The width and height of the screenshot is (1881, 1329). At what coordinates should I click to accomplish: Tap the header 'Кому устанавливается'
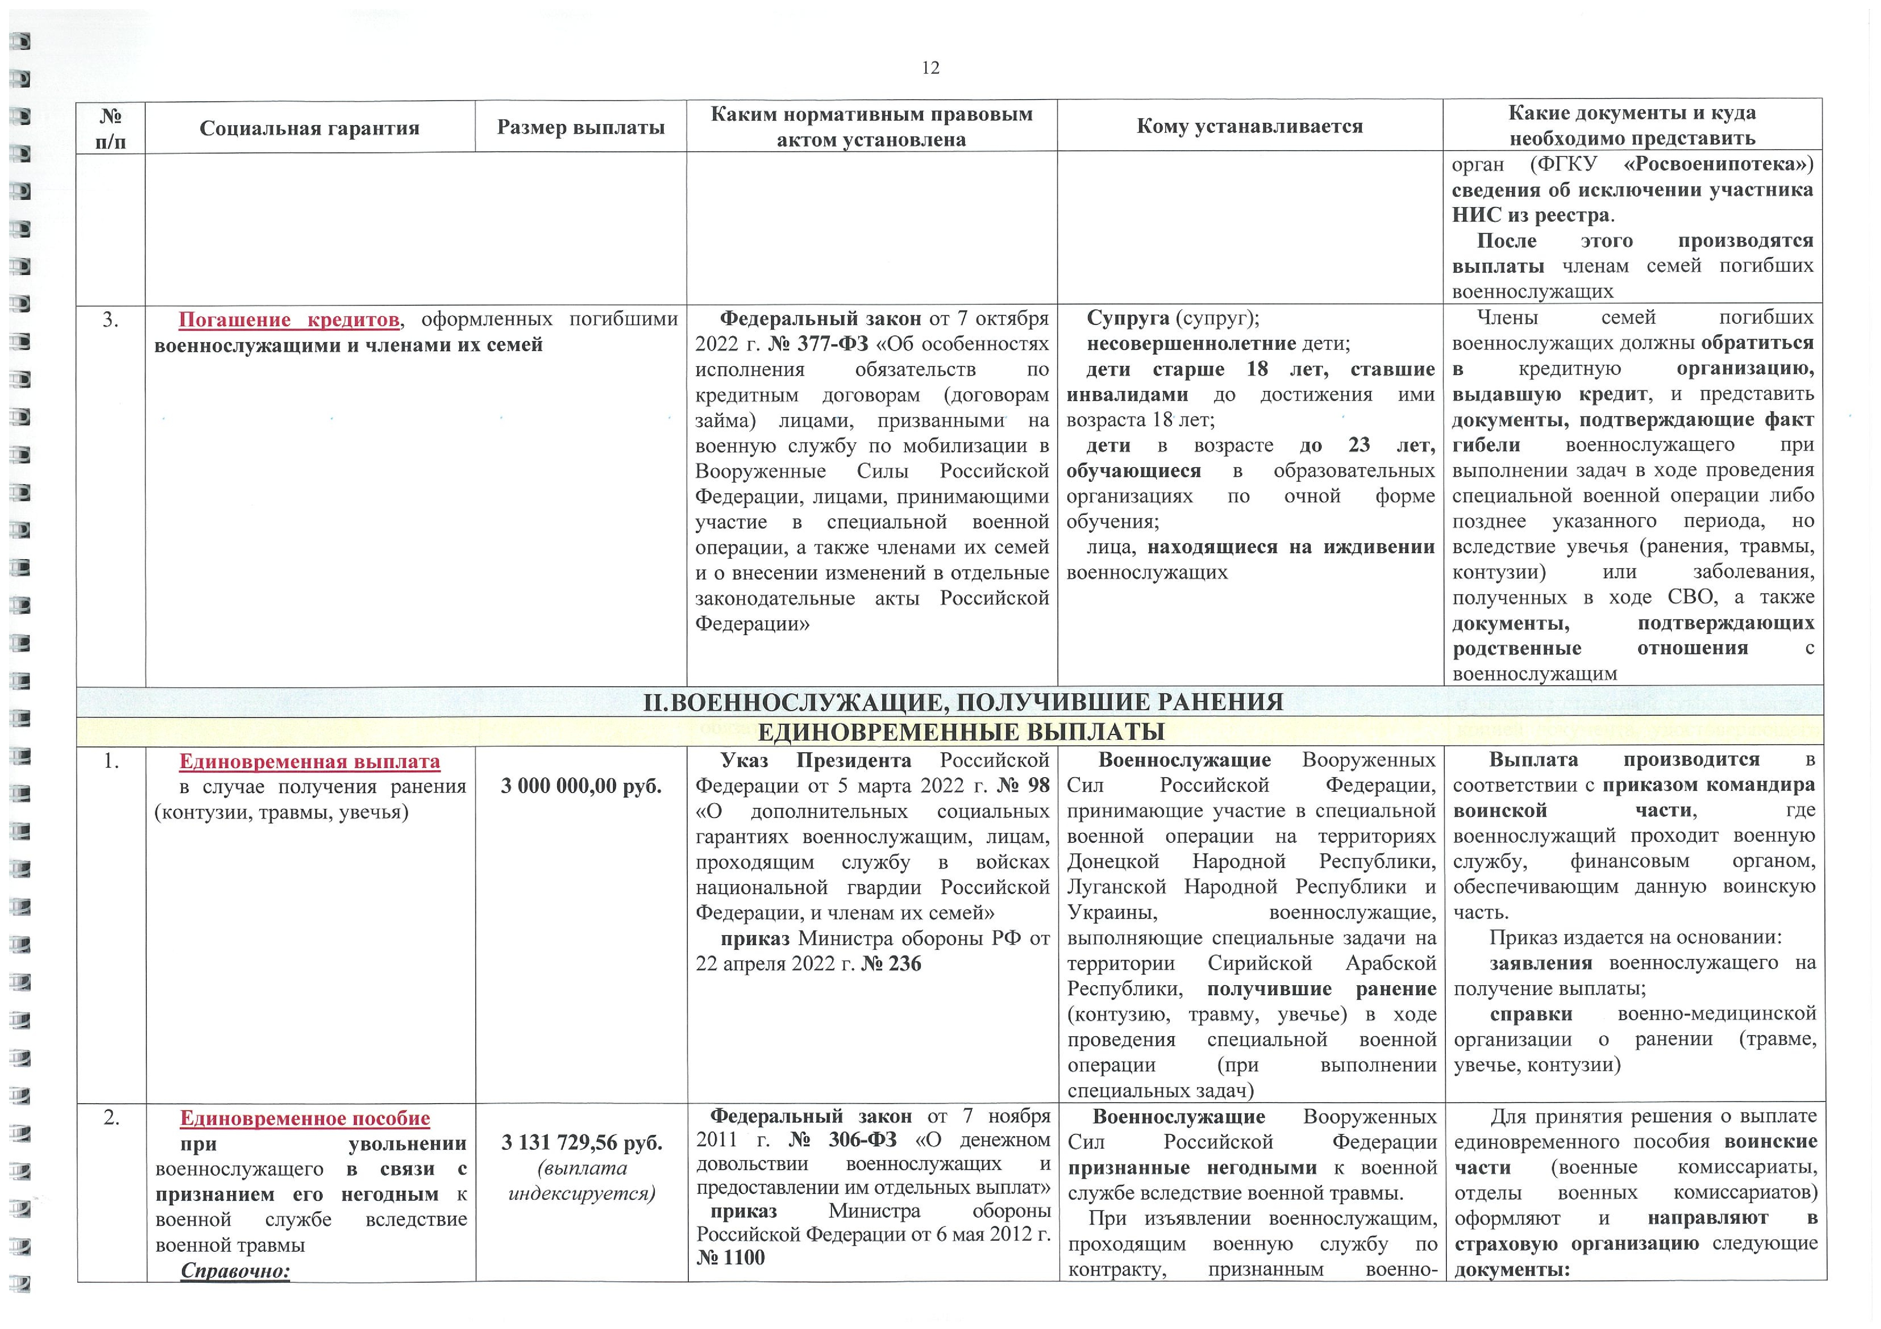click(1249, 126)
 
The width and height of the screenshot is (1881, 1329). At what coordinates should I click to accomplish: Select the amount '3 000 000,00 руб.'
click(581, 786)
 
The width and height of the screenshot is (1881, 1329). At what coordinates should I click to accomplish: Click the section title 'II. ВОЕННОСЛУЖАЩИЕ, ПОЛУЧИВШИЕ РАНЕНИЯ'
click(963, 702)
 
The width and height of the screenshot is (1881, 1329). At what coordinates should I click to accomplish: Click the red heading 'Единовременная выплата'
click(310, 761)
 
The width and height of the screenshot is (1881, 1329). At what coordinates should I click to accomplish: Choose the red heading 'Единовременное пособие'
click(305, 1118)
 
